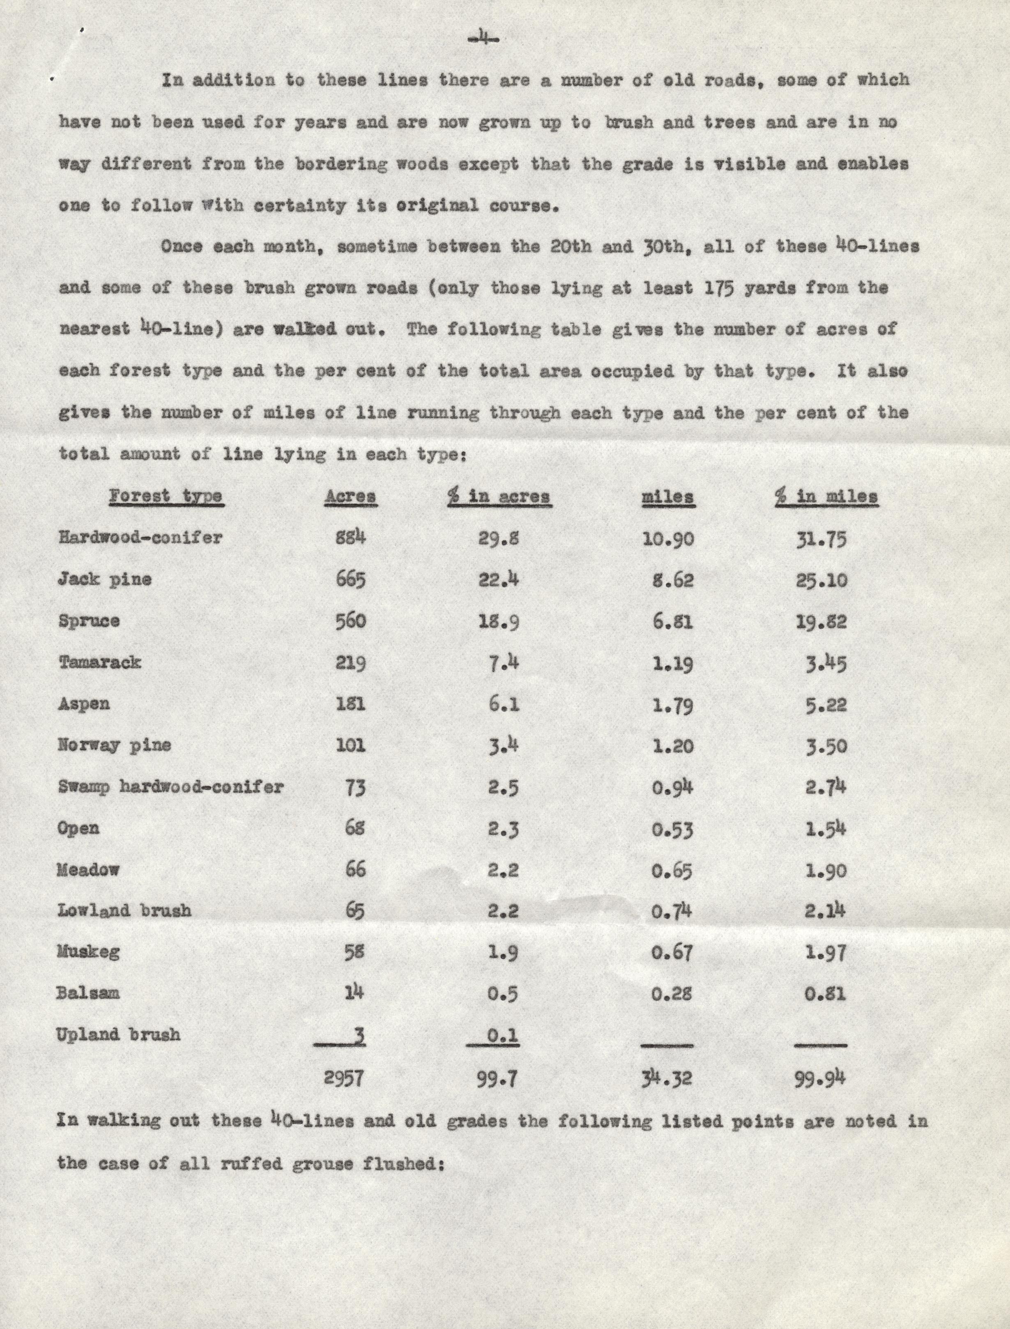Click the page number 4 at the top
483,40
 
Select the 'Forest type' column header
166,497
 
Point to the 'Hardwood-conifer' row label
140,537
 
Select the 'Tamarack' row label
100,662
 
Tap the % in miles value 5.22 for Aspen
826,704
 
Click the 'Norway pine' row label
114,745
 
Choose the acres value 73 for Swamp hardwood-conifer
355,787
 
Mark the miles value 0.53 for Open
672,830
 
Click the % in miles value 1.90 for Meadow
826,870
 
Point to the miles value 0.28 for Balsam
672,993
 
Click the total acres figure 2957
343,1079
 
